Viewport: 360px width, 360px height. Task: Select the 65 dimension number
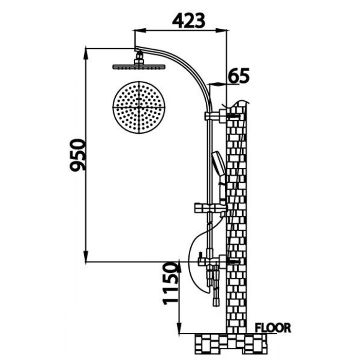coord(238,76)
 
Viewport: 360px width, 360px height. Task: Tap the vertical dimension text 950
coord(78,155)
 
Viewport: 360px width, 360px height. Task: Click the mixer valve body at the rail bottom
coord(210,263)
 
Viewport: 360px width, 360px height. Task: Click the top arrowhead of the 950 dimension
coord(86,51)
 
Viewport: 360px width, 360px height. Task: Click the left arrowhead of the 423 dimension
coord(138,31)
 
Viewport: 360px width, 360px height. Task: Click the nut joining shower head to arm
coord(140,58)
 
